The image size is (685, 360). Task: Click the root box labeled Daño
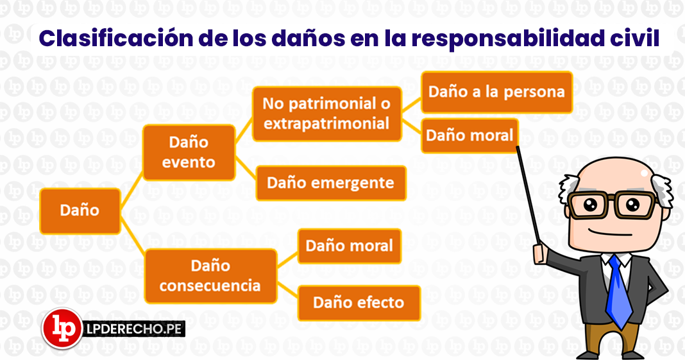point(80,211)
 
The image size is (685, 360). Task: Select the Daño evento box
point(189,153)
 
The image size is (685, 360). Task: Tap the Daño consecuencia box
point(210,276)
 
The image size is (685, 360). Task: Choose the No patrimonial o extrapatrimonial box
point(326,114)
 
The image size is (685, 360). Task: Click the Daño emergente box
point(331,183)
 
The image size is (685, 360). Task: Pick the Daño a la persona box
point(496,92)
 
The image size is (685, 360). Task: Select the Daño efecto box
point(359,303)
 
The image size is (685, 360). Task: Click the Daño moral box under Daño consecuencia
point(350,246)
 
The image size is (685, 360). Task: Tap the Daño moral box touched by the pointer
point(469,135)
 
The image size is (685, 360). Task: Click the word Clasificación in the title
point(115,39)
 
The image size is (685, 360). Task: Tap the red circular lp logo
point(62,329)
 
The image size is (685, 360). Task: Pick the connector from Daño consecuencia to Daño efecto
point(287,291)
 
